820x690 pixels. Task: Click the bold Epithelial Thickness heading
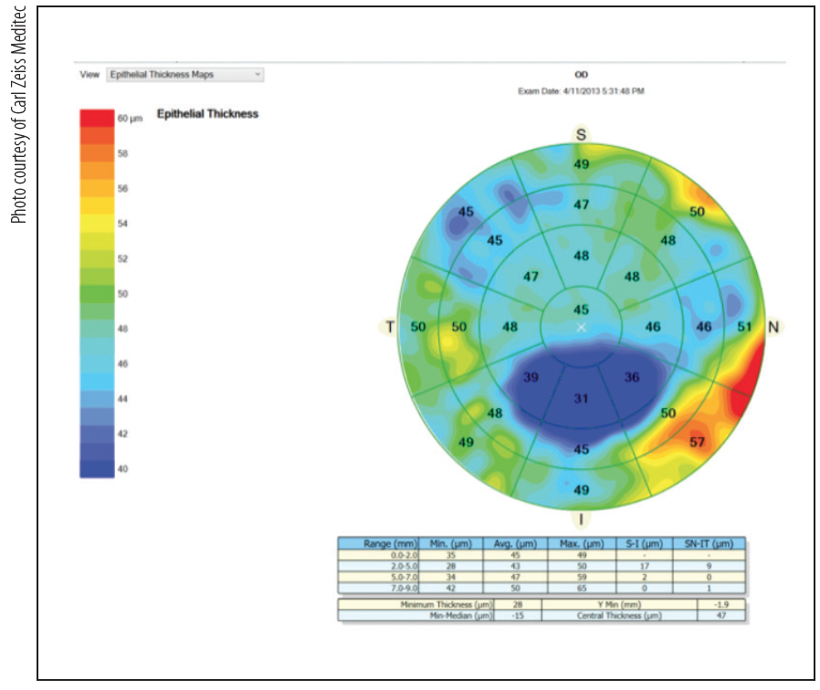(x=207, y=114)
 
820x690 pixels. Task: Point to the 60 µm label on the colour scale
(x=129, y=120)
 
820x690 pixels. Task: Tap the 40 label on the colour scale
(x=123, y=469)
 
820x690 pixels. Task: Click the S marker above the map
(x=580, y=134)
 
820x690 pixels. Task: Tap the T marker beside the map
(x=389, y=327)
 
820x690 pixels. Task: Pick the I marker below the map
(x=580, y=519)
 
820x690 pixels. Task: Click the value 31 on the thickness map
(x=581, y=398)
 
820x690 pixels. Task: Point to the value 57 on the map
(x=697, y=443)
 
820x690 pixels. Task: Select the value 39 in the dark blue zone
(x=531, y=377)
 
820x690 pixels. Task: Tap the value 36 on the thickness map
(x=632, y=377)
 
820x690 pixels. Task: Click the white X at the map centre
(x=582, y=327)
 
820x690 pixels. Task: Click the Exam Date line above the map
(x=581, y=92)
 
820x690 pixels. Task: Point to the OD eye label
(x=581, y=75)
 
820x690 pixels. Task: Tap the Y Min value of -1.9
(x=721, y=604)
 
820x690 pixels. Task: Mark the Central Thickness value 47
(x=721, y=616)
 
